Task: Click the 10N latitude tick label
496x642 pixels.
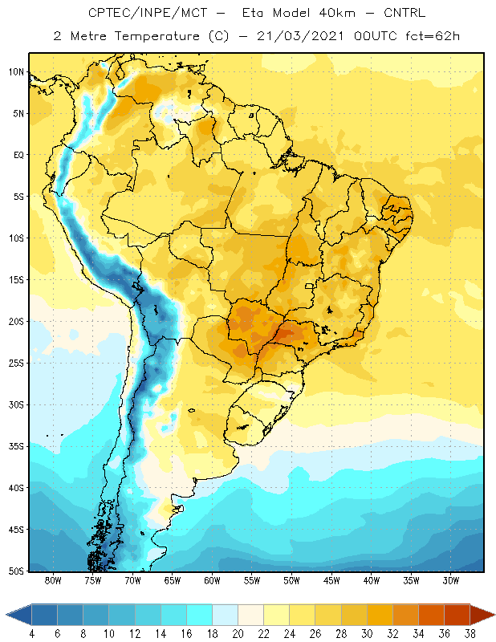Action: [x=17, y=72]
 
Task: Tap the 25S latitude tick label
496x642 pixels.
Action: [x=17, y=364]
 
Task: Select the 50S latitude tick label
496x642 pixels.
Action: [x=17, y=571]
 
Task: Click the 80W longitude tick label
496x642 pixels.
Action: [x=53, y=580]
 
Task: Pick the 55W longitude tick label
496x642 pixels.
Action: [x=252, y=580]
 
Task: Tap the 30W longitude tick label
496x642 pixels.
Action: [x=450, y=580]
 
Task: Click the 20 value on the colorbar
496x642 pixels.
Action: [x=238, y=634]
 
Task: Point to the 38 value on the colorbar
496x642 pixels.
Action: [x=470, y=634]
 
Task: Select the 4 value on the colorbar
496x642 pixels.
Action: [x=32, y=634]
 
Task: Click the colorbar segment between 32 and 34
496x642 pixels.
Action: [x=405, y=615]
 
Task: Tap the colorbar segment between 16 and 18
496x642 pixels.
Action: [x=200, y=615]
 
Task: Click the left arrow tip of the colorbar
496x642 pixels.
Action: [x=6, y=615]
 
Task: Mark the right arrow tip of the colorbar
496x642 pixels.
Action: [x=494, y=615]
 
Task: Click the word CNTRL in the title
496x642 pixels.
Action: [x=405, y=13]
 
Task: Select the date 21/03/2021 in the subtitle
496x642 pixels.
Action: [x=300, y=36]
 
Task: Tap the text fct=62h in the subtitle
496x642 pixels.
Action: [x=433, y=36]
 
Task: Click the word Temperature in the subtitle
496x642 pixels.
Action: [x=157, y=37]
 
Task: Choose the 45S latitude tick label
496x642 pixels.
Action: [x=17, y=530]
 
